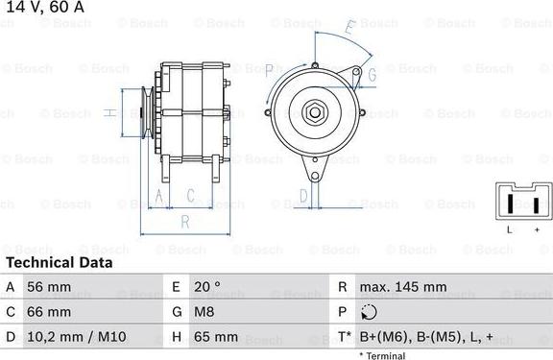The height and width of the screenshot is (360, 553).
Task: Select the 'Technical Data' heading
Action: (59, 262)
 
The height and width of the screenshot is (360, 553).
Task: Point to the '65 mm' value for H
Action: (218, 337)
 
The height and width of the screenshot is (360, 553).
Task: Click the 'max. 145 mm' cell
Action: (403, 287)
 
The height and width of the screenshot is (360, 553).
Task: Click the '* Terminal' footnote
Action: (382, 355)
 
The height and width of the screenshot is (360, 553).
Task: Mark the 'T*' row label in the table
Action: (343, 337)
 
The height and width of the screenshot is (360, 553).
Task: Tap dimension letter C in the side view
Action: (190, 195)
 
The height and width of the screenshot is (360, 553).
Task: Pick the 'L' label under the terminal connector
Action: (510, 230)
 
